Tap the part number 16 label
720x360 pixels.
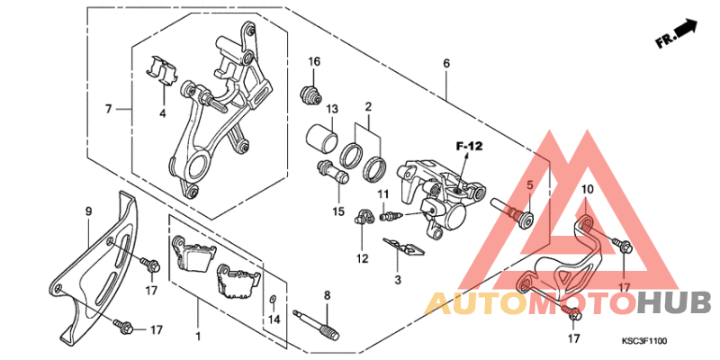point(314,62)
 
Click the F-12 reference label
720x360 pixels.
point(469,147)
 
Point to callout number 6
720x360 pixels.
point(446,64)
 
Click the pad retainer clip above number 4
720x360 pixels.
point(162,71)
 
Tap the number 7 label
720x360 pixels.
point(108,109)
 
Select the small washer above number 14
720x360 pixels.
point(273,300)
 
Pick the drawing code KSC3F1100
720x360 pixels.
point(643,341)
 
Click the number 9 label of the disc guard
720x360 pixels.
point(88,211)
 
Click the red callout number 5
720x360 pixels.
point(529,185)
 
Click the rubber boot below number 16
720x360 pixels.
point(310,94)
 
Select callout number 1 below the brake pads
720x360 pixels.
point(198,337)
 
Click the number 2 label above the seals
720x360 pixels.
point(368,107)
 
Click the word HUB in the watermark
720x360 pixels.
point(672,304)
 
